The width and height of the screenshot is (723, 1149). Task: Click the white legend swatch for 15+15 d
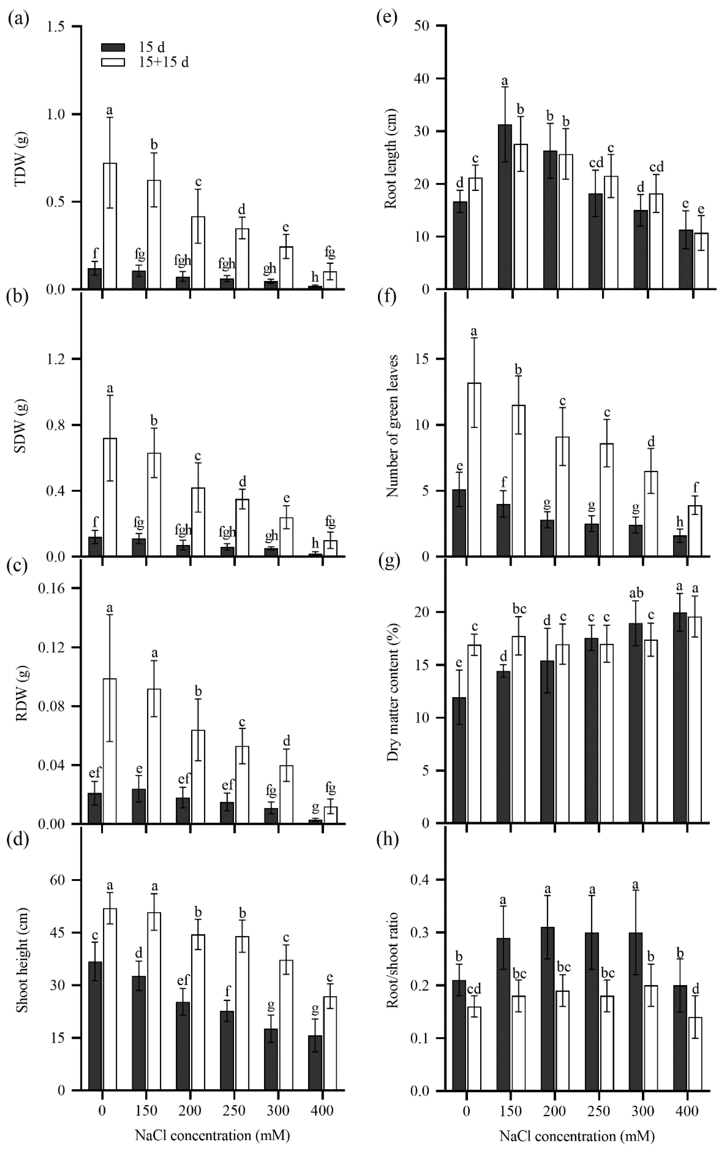113,62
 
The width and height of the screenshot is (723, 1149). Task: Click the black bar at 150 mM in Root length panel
504,206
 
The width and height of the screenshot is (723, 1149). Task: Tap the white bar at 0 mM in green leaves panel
474,470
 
